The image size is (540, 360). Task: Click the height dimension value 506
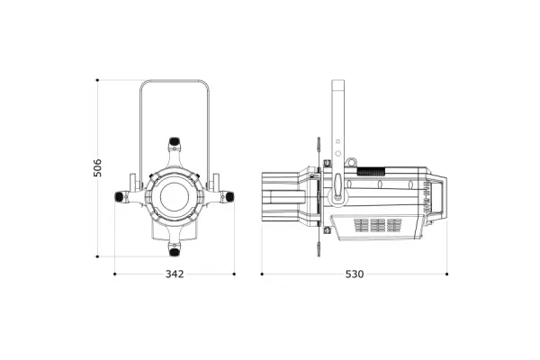97,167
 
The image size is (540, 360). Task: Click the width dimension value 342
175,274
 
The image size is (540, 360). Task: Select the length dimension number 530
355,274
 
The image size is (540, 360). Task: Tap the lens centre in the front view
174,194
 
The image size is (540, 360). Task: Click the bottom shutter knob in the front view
175,248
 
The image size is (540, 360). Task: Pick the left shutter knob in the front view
121,196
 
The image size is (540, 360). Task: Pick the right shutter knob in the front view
228,195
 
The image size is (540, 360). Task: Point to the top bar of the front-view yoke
175,82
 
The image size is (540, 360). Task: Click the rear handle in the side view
440,199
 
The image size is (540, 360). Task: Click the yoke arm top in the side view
338,85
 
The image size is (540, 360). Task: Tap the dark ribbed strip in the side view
370,170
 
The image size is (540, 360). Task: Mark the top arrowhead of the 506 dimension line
97,81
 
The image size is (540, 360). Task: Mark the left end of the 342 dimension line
114,274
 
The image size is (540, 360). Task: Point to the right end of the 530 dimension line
447,274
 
